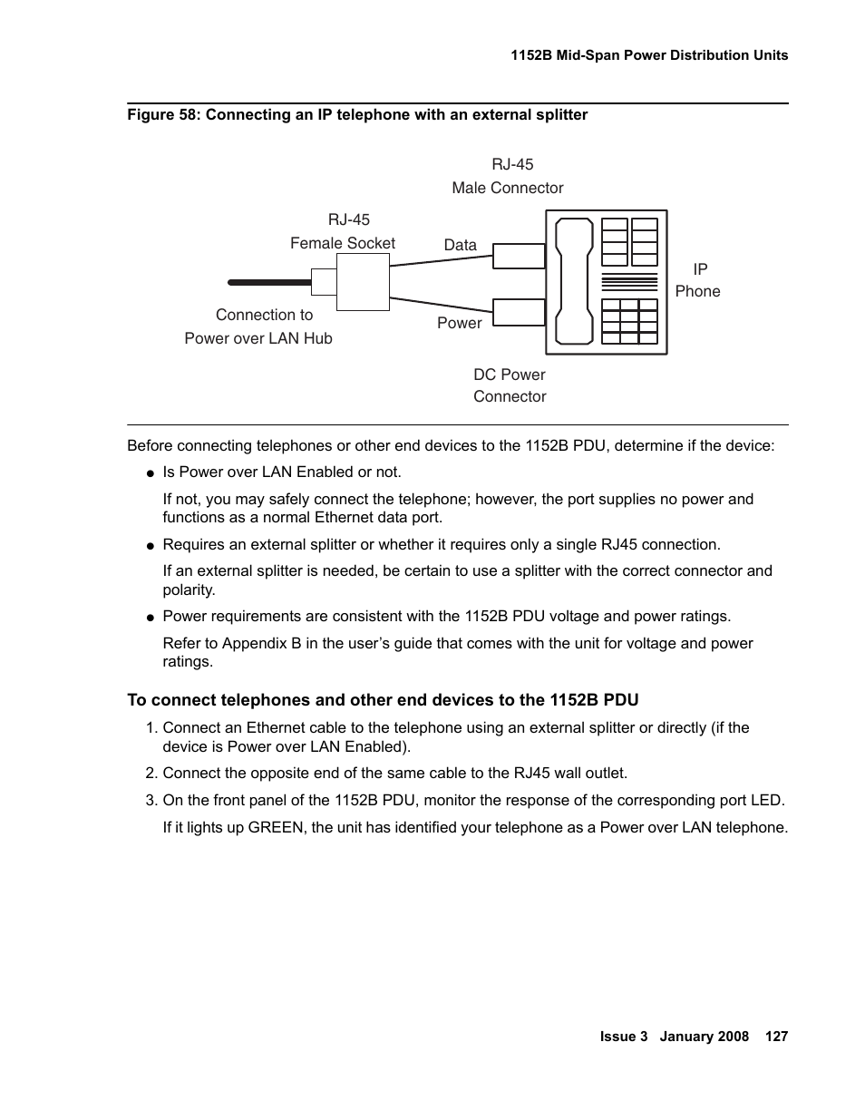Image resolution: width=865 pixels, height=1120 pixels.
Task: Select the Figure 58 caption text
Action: point(357,115)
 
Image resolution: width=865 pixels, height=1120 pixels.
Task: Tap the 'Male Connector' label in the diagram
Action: point(507,188)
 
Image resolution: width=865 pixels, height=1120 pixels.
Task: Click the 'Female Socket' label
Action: point(343,243)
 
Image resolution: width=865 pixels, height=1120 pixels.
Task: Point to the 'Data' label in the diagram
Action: point(460,245)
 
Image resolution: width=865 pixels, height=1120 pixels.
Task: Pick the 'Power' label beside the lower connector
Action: point(459,323)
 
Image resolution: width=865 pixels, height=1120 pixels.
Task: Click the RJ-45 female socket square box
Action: point(363,282)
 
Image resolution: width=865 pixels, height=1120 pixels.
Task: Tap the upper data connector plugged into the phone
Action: point(519,256)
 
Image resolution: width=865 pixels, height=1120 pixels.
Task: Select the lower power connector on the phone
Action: point(519,312)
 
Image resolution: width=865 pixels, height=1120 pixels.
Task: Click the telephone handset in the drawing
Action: point(572,281)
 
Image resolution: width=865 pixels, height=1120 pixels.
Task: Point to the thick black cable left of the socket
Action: point(268,283)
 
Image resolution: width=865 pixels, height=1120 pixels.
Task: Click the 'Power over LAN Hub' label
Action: point(258,338)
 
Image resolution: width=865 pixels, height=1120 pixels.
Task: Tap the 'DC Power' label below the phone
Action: point(509,375)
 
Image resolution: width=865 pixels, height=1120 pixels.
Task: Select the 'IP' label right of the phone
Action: point(700,269)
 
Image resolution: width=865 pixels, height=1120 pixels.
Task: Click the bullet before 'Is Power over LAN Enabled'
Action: point(151,472)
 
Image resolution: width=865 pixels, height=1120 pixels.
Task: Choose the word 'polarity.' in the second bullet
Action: point(189,589)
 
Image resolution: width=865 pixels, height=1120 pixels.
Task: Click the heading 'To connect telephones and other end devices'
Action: point(383,700)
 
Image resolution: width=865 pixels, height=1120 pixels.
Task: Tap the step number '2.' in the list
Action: point(151,774)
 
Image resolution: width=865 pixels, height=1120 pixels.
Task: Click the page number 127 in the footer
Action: point(776,1037)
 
